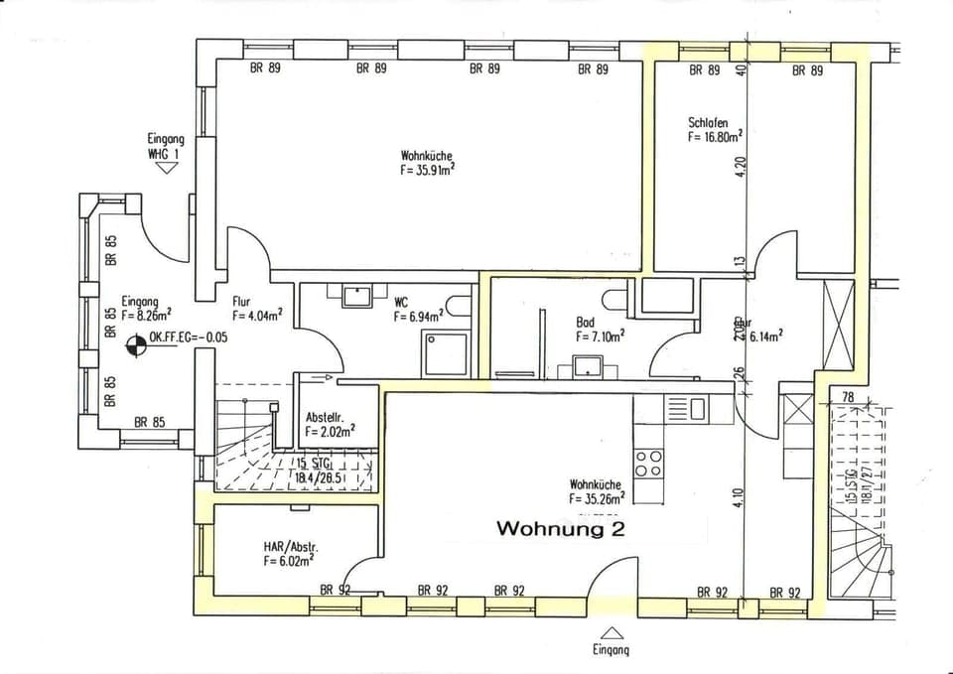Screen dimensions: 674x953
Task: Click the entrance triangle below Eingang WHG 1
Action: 167,168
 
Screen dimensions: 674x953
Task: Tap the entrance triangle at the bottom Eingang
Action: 613,632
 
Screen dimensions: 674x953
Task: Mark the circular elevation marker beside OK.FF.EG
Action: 136,346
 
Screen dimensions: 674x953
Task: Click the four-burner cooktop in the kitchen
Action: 648,463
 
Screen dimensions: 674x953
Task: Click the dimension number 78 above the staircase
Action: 847,397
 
